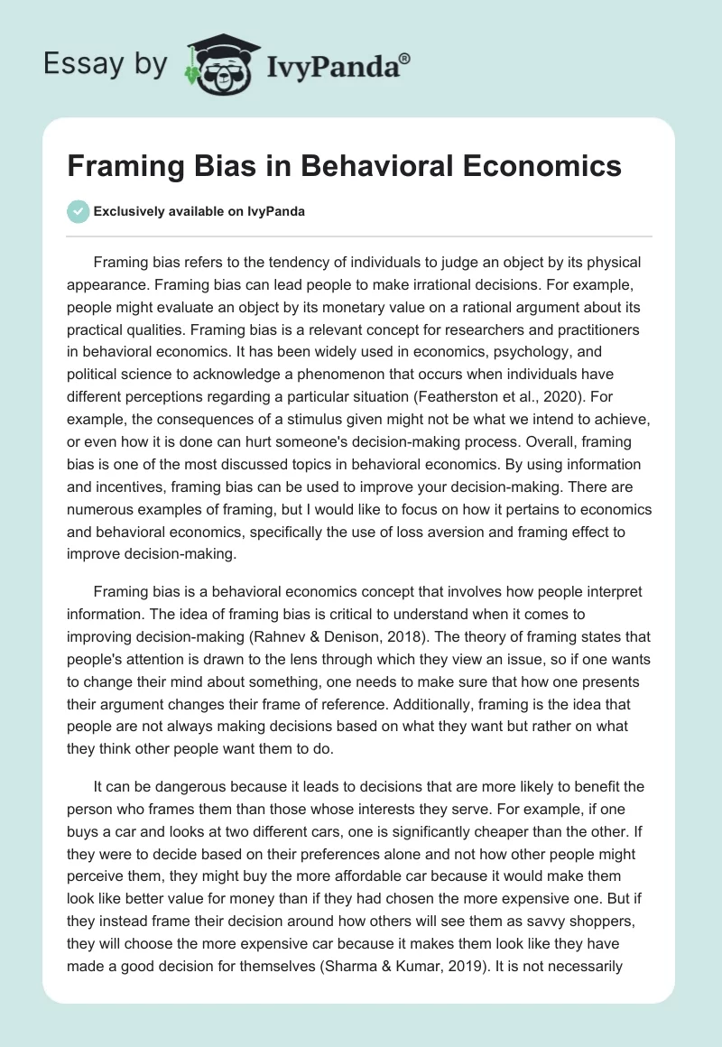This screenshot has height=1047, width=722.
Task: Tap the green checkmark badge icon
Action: tap(79, 211)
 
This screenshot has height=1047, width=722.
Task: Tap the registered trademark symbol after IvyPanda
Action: tap(404, 58)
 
